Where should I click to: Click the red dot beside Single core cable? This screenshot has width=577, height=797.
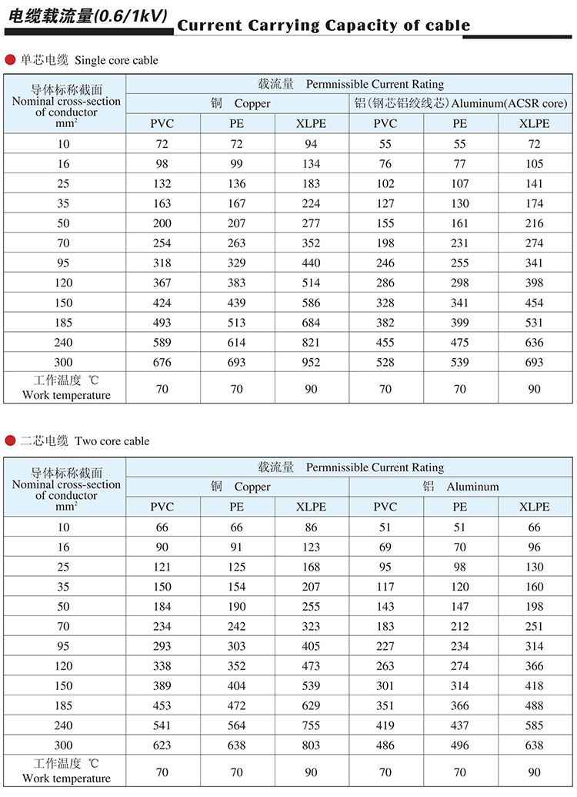[10, 59]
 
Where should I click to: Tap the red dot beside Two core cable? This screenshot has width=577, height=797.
[10, 440]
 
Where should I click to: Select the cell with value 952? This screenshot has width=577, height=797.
[311, 362]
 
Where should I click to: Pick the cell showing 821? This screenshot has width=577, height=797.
[311, 342]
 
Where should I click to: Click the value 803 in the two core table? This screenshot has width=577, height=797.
[311, 745]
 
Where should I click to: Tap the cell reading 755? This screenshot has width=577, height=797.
[311, 725]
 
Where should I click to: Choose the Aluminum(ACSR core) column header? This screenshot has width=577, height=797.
[461, 103]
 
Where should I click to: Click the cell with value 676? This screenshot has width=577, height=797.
[162, 362]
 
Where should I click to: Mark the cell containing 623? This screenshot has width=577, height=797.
[162, 745]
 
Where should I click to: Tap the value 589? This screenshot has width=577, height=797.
[162, 342]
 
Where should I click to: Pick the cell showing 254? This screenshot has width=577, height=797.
[162, 243]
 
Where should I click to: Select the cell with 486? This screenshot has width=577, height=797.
[385, 745]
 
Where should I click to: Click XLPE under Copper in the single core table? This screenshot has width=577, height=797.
[311, 123]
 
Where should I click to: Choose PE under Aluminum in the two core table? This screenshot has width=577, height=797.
[459, 507]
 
